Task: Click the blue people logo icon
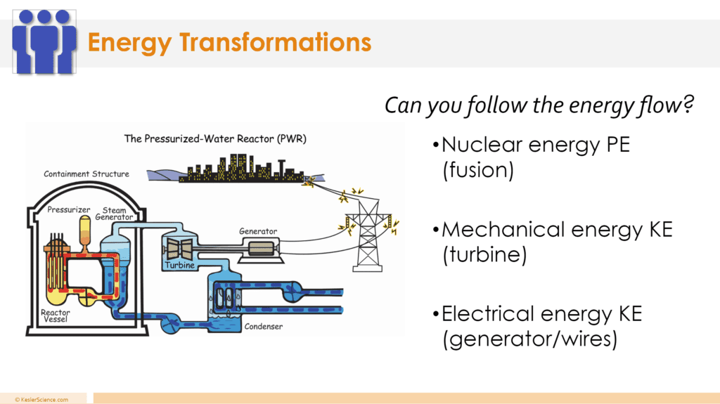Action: pyautogui.click(x=44, y=41)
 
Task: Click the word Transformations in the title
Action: pyautogui.click(x=275, y=42)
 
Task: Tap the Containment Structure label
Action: pyautogui.click(x=86, y=174)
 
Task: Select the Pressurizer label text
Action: pyautogui.click(x=69, y=210)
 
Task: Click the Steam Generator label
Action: pyautogui.click(x=115, y=214)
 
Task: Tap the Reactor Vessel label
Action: pyautogui.click(x=56, y=316)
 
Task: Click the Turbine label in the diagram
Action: pyautogui.click(x=180, y=265)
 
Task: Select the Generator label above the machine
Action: pyautogui.click(x=258, y=231)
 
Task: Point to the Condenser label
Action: pyautogui.click(x=264, y=327)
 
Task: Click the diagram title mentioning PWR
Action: pyautogui.click(x=215, y=138)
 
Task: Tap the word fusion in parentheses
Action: pyautogui.click(x=478, y=170)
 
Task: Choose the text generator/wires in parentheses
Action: pyautogui.click(x=530, y=339)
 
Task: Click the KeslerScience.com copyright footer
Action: pyautogui.click(x=41, y=399)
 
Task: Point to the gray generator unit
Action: pyautogui.click(x=260, y=249)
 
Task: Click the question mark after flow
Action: pyautogui.click(x=688, y=104)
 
